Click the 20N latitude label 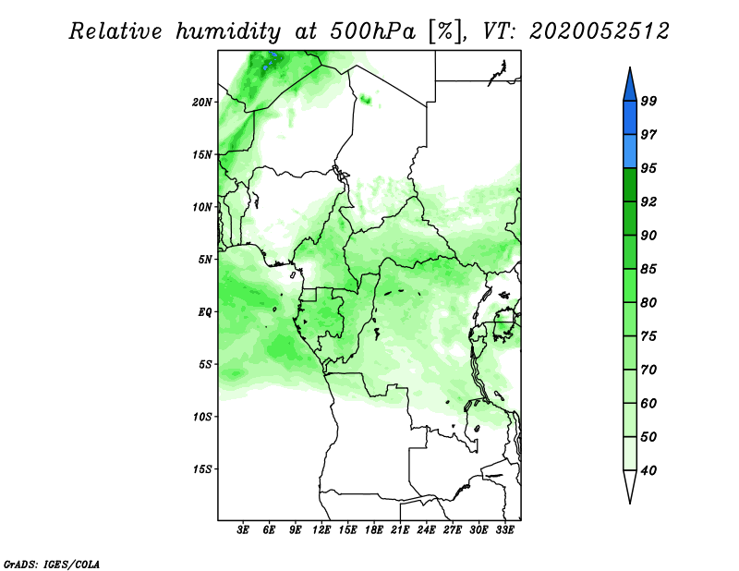pos(202,102)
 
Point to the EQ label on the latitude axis pos(204,312)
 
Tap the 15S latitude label pos(202,469)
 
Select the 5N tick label pos(205,260)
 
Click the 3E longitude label pos(243,529)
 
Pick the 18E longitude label pos(374,529)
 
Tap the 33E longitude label pos(504,529)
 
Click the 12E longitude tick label pos(321,529)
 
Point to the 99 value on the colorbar pos(648,101)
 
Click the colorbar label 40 pos(648,470)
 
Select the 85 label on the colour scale pos(648,269)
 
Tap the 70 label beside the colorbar pos(648,370)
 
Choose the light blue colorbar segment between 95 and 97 pos(630,152)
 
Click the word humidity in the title pos(228,31)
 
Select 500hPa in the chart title pos(373,31)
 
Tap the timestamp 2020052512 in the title pos(599,31)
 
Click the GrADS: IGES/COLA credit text pos(52,564)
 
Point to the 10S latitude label pos(202,417)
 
